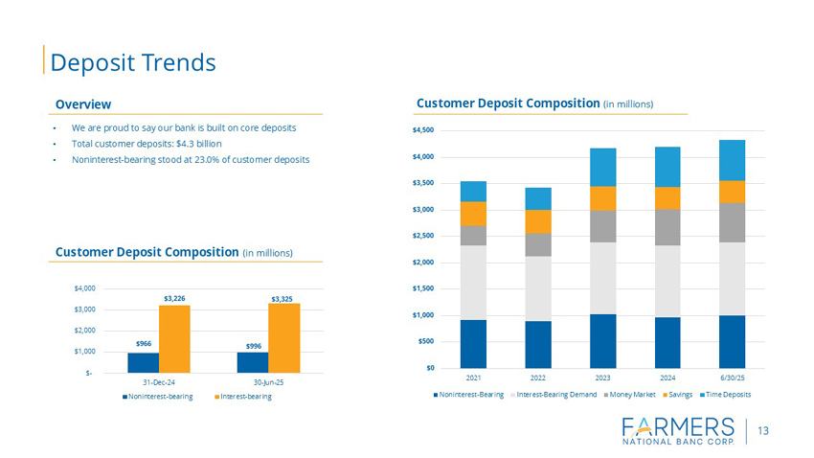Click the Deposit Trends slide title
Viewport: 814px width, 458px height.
coord(133,62)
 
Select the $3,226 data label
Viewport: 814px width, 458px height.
coord(174,297)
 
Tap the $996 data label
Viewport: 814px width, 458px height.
coord(253,345)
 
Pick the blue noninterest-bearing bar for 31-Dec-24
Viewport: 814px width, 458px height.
coord(143,362)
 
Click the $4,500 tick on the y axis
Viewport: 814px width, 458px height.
coord(422,130)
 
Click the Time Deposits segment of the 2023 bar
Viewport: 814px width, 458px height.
coord(602,167)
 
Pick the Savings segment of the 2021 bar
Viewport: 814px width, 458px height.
coord(473,214)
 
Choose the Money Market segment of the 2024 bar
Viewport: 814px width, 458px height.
coord(667,227)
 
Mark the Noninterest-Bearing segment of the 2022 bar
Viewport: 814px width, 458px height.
coord(538,344)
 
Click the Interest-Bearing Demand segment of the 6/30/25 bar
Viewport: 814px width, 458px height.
coord(732,279)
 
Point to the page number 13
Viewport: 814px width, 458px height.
coord(763,431)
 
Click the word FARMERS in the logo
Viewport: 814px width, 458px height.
coord(677,425)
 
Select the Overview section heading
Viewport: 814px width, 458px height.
coord(82,103)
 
